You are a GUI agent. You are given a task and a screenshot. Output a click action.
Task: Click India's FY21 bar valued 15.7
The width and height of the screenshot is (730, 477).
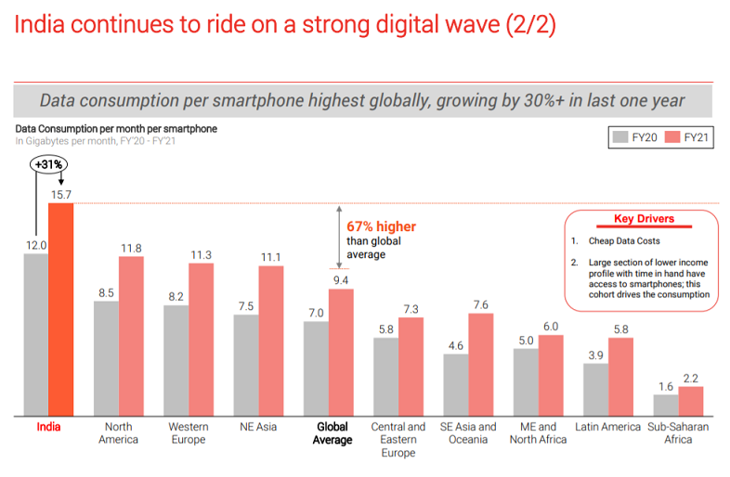point(60,310)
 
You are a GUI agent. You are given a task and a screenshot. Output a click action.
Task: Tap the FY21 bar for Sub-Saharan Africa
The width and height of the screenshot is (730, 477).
point(690,402)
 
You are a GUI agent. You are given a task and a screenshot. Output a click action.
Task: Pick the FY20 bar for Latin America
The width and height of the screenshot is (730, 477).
point(595,390)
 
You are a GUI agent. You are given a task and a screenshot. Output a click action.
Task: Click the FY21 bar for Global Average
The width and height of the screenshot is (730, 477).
point(341,353)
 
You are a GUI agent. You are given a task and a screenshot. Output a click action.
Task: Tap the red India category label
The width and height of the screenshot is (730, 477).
point(48,427)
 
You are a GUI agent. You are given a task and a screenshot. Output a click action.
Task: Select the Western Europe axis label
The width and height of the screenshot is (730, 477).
point(189,432)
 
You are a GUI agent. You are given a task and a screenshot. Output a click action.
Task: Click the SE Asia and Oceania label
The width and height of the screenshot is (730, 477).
point(468,432)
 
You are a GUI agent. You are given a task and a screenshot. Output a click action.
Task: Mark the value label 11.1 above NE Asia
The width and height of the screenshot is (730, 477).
point(270,257)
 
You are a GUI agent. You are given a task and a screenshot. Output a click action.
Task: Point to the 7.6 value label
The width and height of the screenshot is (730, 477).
point(480,304)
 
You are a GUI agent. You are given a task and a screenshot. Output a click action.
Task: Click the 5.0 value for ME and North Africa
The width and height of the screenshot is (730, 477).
point(525,340)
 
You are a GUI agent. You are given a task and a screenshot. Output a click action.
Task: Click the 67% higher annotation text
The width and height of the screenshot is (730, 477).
point(381,226)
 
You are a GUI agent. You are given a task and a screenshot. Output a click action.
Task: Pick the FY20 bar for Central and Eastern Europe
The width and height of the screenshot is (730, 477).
point(386,377)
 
